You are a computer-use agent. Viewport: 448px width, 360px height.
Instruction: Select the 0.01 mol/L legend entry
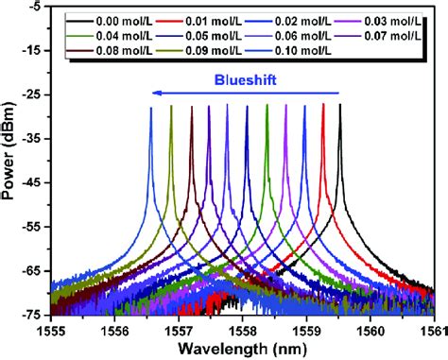click(212, 18)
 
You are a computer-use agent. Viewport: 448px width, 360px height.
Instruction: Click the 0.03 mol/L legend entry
click(386, 18)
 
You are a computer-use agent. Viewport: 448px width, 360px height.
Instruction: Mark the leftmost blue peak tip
click(150, 109)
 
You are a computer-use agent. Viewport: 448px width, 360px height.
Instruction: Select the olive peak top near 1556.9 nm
click(171, 108)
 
